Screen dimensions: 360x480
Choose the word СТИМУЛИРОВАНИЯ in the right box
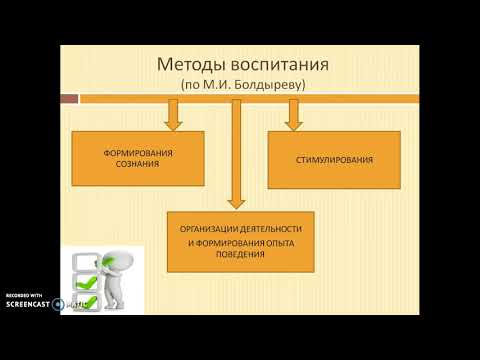pos(334,160)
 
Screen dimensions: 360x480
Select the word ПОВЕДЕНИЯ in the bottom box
pos(239,255)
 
